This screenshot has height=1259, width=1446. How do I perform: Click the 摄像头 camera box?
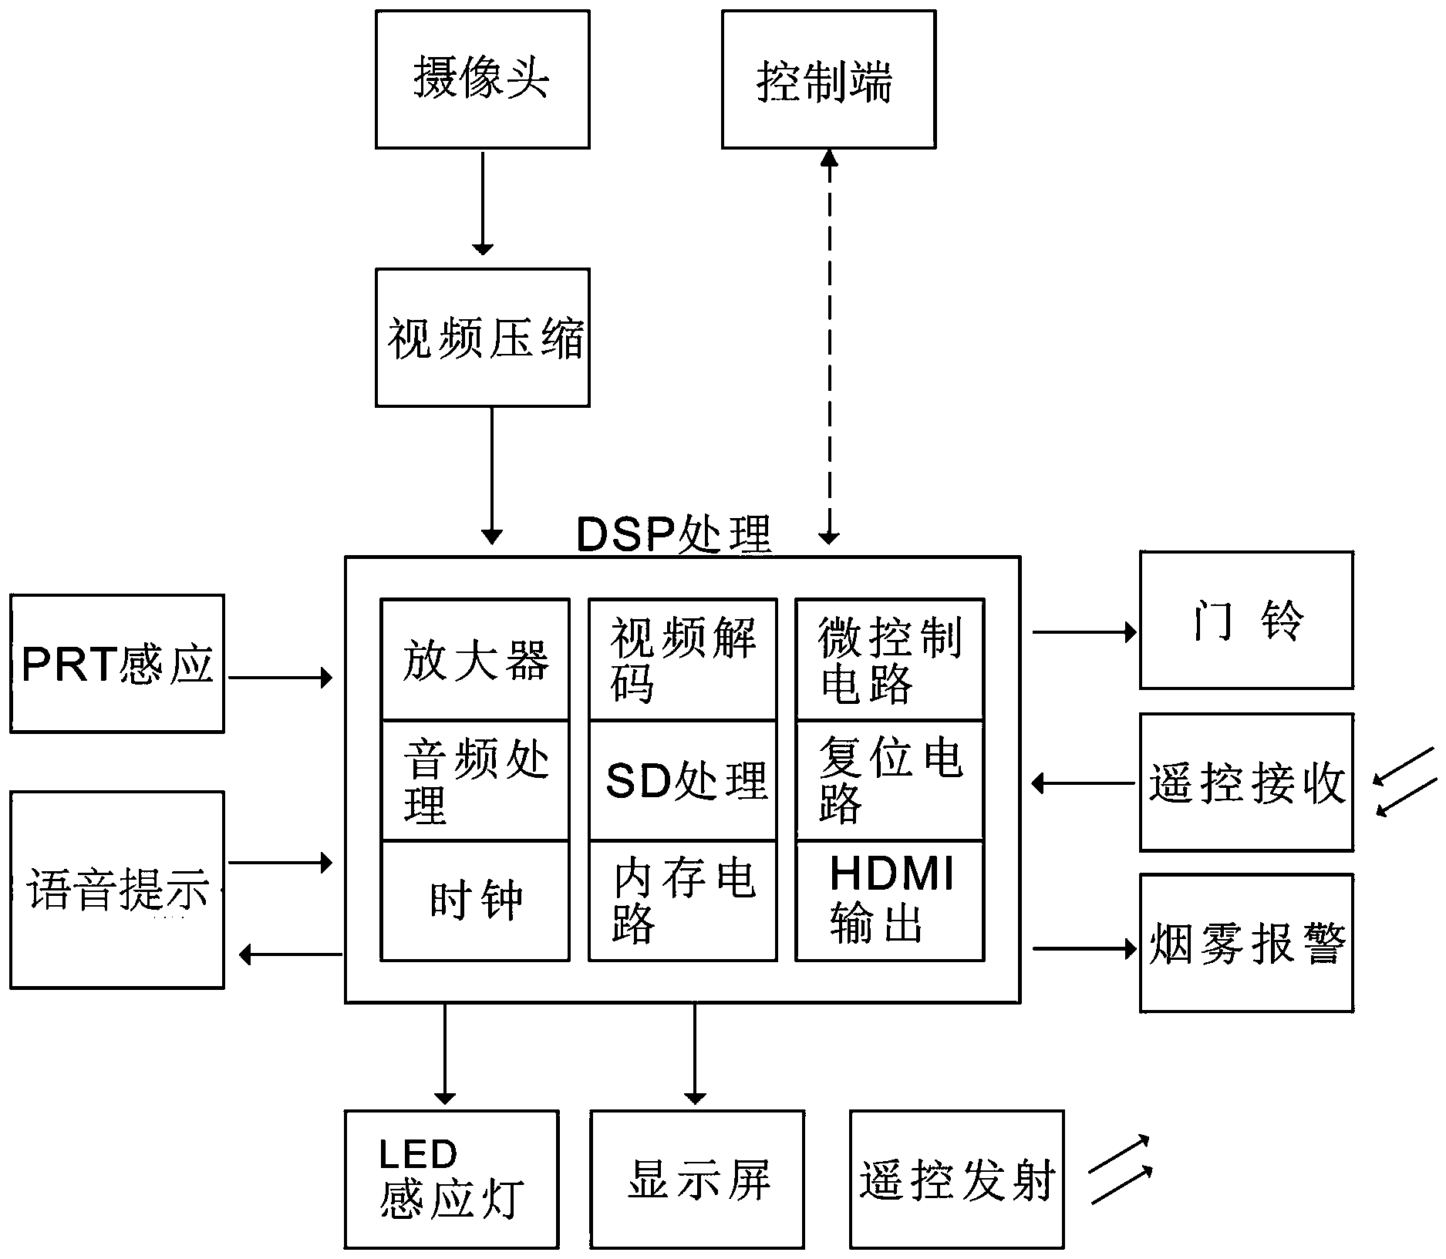pos(483,79)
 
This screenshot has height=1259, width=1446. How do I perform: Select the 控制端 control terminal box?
pos(828,79)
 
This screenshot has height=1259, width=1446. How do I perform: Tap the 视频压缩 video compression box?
pos(483,338)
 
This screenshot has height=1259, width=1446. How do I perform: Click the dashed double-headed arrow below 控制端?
pos(829,347)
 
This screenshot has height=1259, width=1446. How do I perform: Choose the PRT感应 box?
pos(117,664)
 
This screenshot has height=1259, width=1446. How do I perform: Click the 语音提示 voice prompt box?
pos(117,890)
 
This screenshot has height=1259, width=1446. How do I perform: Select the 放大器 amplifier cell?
pos(475,660)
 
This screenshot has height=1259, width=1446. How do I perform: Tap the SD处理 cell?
pos(683,780)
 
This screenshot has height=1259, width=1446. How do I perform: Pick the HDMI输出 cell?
pos(889,900)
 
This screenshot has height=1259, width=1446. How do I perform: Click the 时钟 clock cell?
pos(475,900)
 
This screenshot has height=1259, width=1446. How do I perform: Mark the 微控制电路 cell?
pos(889,660)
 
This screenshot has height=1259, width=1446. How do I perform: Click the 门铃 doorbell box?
pos(1246,621)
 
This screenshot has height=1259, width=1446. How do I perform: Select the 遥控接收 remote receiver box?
pos(1246,783)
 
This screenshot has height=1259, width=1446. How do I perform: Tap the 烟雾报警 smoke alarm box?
pos(1246,943)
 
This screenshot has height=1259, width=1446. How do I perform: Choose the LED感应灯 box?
pos(451,1179)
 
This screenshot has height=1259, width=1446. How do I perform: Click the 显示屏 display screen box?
pos(697,1179)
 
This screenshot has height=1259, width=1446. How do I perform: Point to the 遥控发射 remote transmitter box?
pos(956,1179)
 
